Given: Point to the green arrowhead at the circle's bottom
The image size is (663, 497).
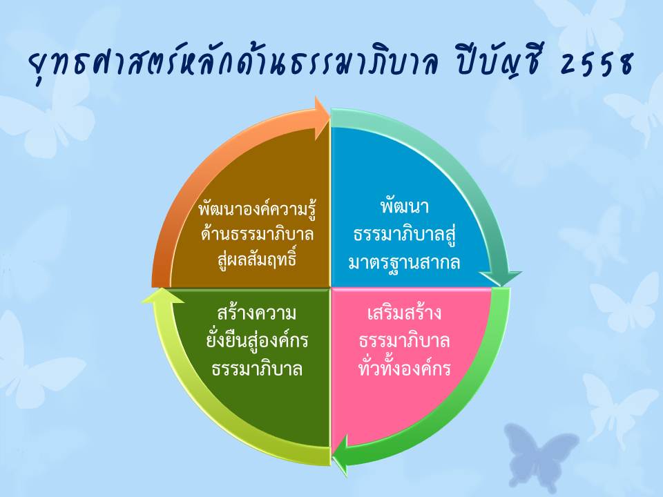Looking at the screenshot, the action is click(x=340, y=455).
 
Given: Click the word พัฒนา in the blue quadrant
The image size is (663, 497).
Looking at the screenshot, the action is click(x=405, y=206).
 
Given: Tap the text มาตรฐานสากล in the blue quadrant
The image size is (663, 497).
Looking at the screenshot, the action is click(x=404, y=262).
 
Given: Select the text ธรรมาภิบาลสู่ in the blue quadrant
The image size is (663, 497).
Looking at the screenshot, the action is click(x=404, y=235).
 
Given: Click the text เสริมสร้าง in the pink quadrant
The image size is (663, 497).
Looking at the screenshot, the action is click(x=404, y=313).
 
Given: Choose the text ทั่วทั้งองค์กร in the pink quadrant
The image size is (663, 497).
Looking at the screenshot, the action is click(x=404, y=367).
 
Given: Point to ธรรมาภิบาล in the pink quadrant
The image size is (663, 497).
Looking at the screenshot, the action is click(x=404, y=341).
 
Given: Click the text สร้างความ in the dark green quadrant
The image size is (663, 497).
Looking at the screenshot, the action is click(x=256, y=312).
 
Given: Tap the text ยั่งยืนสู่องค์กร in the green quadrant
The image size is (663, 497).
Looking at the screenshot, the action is click(x=258, y=340).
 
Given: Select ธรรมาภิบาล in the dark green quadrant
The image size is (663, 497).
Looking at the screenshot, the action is click(x=258, y=369).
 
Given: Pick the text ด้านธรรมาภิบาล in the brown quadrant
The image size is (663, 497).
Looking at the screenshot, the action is click(x=258, y=234).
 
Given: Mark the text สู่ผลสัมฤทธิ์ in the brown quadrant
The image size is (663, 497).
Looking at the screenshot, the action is click(x=258, y=258).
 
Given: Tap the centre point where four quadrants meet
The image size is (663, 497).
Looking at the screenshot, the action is click(x=330, y=288).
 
